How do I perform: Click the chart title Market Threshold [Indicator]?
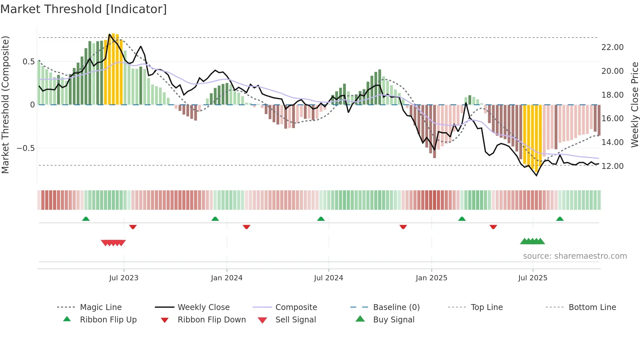(x=84, y=9)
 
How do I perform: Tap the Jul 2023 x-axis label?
(x=124, y=278)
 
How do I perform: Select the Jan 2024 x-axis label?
(x=227, y=278)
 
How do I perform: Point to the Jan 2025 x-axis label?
(x=431, y=278)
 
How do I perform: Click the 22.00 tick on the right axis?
(x=612, y=47)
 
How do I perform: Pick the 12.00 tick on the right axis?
(x=612, y=166)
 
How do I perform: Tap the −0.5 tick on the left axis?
(x=26, y=148)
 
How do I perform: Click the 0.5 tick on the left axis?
(x=28, y=62)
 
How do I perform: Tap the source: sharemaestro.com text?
(x=575, y=256)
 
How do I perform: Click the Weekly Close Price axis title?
(x=634, y=105)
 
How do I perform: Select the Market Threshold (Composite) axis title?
(x=5, y=105)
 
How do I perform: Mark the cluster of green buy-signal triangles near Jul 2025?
(x=532, y=241)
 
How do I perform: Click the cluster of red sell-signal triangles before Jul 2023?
(x=113, y=243)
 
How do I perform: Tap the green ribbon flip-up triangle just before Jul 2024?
(x=321, y=219)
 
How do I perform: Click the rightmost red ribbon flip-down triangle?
(x=493, y=227)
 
